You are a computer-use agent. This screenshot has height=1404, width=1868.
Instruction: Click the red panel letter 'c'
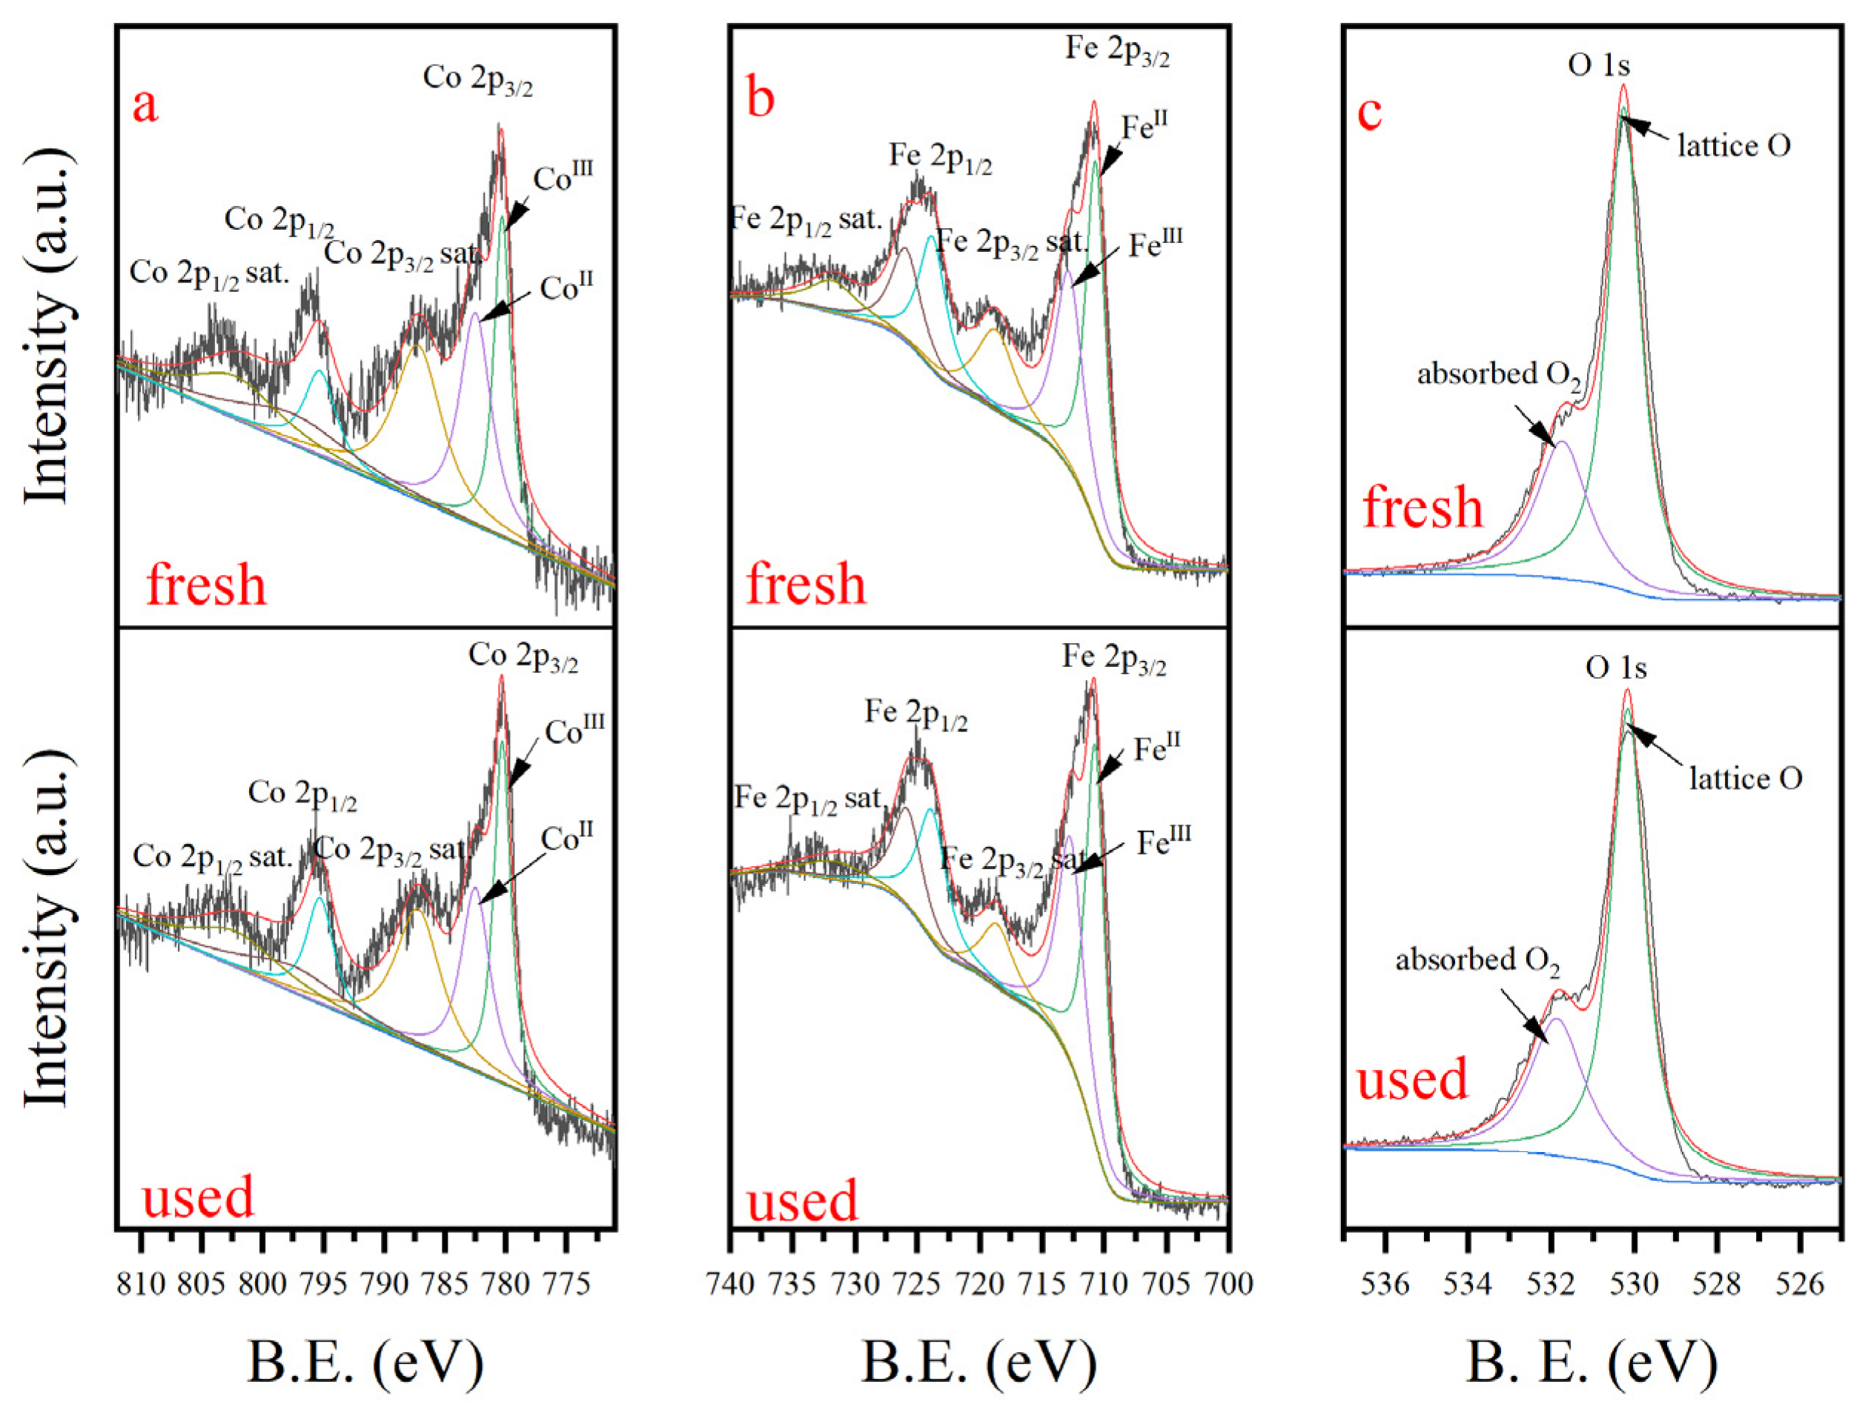tap(1369, 113)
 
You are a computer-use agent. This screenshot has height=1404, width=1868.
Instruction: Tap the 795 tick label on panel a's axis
tap(323, 1283)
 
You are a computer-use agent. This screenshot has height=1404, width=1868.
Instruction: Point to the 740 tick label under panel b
tap(732, 1283)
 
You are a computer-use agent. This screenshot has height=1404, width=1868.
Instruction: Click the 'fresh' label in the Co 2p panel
tap(206, 585)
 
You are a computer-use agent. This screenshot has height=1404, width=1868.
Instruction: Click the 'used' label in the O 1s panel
tap(1412, 1079)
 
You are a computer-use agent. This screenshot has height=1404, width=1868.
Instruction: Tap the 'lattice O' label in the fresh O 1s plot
tap(1734, 146)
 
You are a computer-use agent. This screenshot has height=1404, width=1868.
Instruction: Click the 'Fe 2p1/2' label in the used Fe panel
tap(916, 715)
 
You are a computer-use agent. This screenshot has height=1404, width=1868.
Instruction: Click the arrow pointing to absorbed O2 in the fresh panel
tap(1534, 425)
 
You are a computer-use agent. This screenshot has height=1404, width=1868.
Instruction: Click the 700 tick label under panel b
tap(1228, 1283)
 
